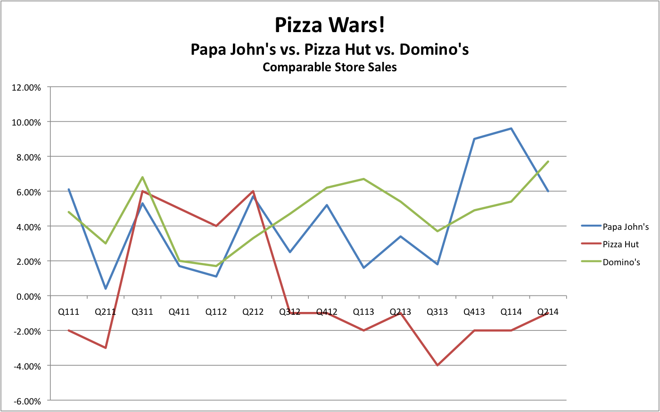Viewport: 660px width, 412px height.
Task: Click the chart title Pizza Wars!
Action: coord(330,25)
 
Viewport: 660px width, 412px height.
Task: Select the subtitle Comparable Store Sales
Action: coord(330,67)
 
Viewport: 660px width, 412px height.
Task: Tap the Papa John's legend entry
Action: coord(625,227)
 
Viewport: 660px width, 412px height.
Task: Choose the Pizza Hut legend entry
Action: coord(620,244)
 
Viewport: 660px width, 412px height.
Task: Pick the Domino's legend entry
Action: coord(621,262)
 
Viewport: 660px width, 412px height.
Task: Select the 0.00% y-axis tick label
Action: coord(29,296)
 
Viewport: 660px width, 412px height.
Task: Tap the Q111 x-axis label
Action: coord(69,312)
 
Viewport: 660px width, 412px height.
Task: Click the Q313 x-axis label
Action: coord(437,312)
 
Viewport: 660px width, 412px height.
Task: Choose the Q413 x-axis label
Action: coord(474,312)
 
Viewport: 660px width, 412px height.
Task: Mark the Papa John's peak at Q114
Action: coord(511,128)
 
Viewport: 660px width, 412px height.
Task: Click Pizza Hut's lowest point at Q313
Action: coord(437,365)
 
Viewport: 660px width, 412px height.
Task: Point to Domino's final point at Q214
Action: coord(548,161)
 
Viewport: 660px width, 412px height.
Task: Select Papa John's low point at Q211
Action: coord(106,289)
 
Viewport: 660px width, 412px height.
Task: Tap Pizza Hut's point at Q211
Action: coord(106,348)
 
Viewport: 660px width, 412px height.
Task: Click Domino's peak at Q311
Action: coord(142,177)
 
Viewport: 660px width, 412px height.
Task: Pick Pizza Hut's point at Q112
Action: coord(216,226)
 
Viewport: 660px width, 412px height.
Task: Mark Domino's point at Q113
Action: coord(363,179)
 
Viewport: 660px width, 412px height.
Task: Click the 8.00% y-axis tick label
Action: coord(29,157)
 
